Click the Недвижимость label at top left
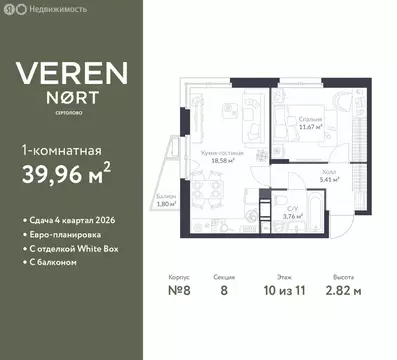39,8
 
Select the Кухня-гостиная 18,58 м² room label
218,156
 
